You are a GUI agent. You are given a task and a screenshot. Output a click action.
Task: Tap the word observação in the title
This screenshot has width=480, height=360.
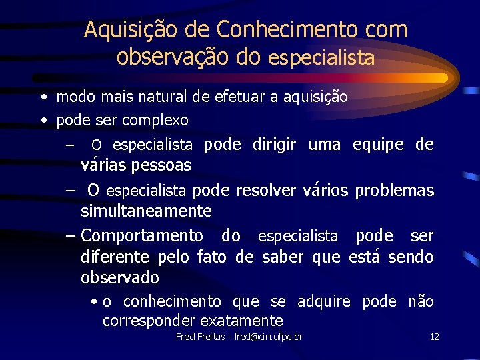coord(173,57)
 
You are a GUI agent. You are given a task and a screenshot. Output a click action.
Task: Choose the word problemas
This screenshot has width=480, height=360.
coord(394,191)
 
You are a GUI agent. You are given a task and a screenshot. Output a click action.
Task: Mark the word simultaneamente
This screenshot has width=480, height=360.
coord(146,211)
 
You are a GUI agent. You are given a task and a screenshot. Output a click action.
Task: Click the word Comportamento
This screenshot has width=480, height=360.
coord(142,236)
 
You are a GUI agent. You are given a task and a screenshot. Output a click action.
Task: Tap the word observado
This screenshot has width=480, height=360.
coord(120,277)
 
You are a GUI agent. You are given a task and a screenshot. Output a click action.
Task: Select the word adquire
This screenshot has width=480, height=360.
coord(323,302)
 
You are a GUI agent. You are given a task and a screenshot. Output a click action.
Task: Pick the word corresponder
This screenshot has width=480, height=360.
coord(147,321)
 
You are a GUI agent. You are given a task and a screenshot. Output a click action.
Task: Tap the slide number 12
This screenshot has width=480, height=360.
coord(435,337)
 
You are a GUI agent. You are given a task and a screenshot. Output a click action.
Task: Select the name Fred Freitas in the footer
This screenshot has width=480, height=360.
coord(197,337)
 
